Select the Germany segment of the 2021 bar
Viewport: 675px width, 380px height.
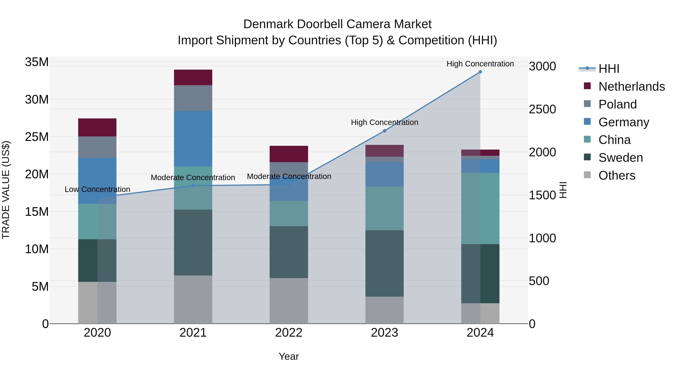pyautogui.click(x=193, y=138)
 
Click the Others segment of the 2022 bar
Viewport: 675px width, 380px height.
pyautogui.click(x=289, y=301)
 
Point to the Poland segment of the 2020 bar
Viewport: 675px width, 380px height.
pyautogui.click(x=97, y=147)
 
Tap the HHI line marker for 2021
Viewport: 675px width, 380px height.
pyautogui.click(x=193, y=186)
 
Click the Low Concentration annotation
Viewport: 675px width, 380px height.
pyautogui.click(x=97, y=189)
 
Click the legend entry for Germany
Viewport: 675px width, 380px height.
pyautogui.click(x=624, y=122)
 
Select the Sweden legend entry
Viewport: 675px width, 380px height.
pyautogui.click(x=620, y=158)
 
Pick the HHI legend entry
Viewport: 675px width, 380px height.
pyautogui.click(x=609, y=69)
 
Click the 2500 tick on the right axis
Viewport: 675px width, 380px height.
pyautogui.click(x=542, y=109)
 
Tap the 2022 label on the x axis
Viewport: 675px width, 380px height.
pyautogui.click(x=289, y=333)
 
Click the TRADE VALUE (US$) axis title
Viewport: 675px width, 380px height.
pyautogui.click(x=6, y=190)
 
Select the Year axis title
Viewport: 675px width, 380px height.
pyautogui.click(x=289, y=356)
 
